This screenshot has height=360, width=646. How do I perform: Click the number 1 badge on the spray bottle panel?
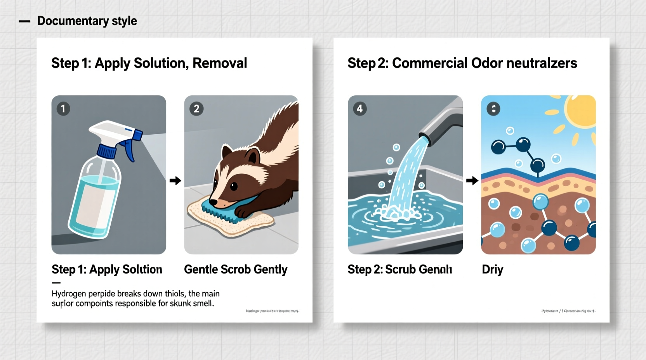(x=63, y=109)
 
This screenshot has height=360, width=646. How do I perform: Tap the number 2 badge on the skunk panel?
(x=196, y=109)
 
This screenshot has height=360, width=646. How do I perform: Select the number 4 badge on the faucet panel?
(x=360, y=109)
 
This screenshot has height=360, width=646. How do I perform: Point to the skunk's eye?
(x=234, y=187)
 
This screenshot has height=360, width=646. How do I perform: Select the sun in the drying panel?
(x=582, y=111)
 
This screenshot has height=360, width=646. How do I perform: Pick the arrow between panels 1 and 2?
(x=175, y=180)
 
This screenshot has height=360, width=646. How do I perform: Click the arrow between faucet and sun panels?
(x=472, y=180)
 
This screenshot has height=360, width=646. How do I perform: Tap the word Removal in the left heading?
(x=220, y=63)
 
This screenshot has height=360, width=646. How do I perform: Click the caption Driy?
(x=492, y=269)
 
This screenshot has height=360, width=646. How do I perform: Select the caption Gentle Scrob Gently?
(x=236, y=269)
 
